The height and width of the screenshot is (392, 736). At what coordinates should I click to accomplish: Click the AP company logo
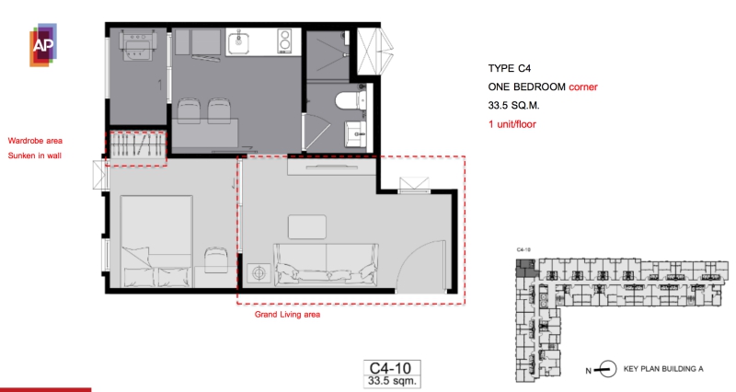(x=43, y=45)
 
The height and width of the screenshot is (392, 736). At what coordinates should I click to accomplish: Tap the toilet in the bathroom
(x=351, y=100)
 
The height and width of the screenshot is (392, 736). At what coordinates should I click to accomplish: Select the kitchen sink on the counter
(x=239, y=42)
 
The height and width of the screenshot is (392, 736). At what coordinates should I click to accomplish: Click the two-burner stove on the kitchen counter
(x=284, y=40)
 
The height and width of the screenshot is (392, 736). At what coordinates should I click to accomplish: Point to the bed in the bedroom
(x=156, y=241)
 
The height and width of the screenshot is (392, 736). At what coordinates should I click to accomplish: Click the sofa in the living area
(x=327, y=264)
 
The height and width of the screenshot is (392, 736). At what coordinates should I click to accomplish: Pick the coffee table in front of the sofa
(x=307, y=226)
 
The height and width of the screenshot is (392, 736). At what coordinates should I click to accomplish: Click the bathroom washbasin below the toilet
(x=356, y=134)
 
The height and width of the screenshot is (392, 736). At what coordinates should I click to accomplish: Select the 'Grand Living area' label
(x=287, y=315)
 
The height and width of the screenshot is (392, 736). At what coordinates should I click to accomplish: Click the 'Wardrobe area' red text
(x=35, y=141)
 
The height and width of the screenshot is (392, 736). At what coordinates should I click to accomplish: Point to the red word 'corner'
(x=583, y=86)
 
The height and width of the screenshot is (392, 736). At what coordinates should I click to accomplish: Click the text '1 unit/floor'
(x=512, y=124)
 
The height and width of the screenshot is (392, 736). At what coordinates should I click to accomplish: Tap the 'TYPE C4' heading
(x=510, y=68)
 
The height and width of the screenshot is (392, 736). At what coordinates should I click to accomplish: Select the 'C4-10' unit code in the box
(x=390, y=368)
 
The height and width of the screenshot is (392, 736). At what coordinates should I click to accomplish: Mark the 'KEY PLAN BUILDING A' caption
(x=663, y=369)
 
